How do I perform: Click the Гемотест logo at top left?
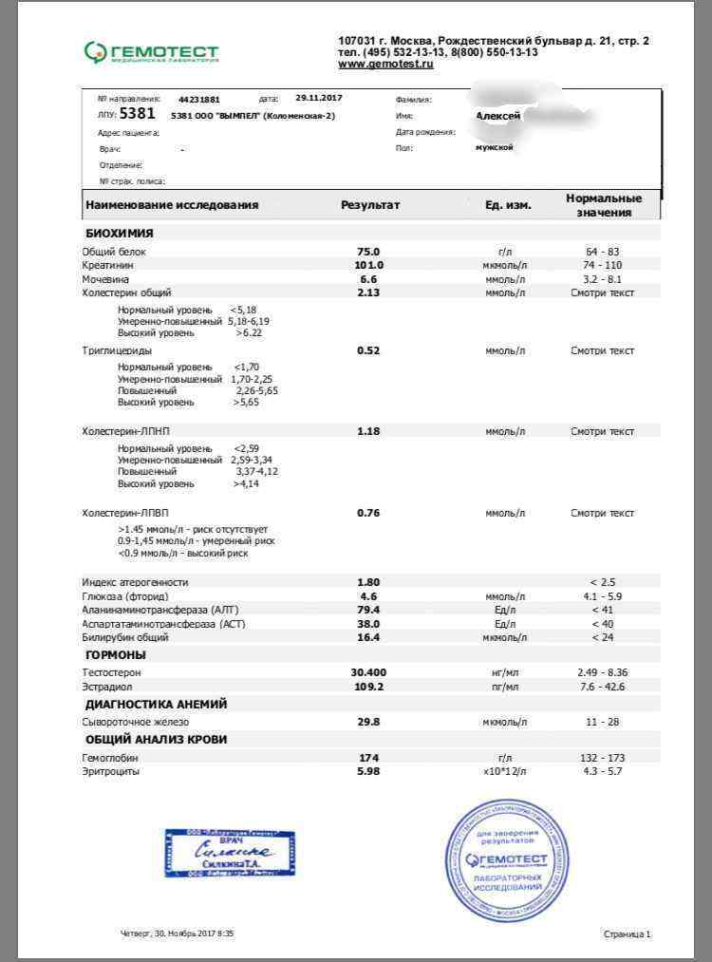151,51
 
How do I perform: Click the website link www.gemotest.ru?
385,64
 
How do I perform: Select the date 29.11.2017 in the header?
319,98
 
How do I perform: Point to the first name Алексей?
497,115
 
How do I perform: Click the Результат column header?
370,205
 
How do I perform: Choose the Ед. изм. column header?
501,205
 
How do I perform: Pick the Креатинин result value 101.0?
368,265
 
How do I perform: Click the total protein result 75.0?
368,252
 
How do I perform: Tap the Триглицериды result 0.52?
368,351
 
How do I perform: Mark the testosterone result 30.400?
368,672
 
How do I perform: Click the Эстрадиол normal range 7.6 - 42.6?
602,686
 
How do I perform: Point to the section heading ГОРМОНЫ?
116,655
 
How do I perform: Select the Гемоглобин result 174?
368,758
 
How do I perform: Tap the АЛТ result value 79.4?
368,610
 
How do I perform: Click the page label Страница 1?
627,934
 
